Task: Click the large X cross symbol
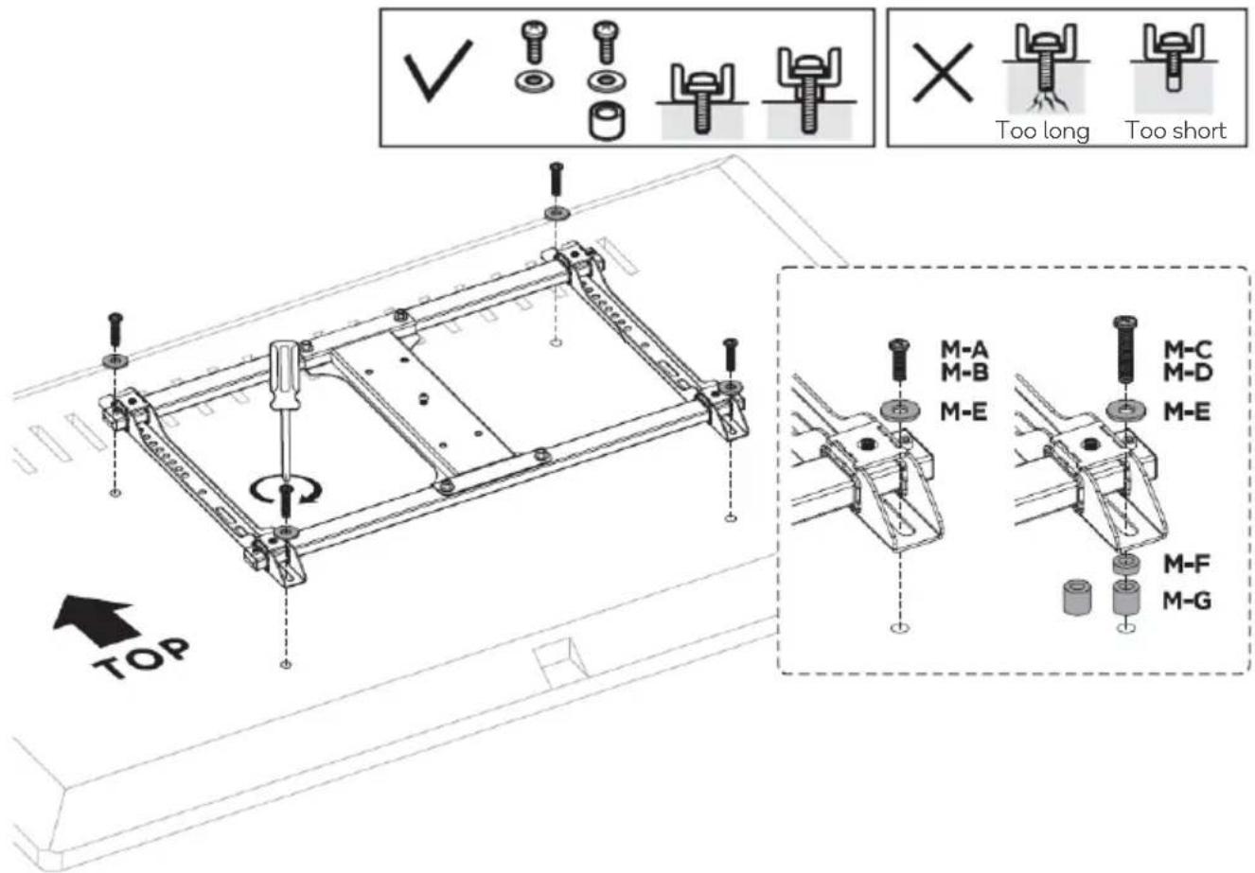943,74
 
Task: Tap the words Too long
1042,131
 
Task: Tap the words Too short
1175,131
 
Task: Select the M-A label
964,350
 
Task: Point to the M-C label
1188,350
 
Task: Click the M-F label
1187,564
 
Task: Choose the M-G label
1187,601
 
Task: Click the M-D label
1188,373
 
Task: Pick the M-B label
964,373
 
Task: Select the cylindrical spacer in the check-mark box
607,122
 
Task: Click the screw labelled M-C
1123,349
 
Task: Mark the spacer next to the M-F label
1125,564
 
